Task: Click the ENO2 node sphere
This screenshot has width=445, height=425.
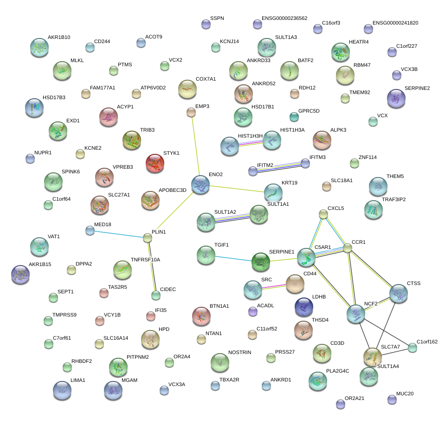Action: click(x=200, y=184)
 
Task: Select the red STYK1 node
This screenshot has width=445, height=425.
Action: click(x=155, y=163)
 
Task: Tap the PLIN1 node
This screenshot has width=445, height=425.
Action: click(x=148, y=238)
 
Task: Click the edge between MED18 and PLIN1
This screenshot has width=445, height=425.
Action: click(x=119, y=234)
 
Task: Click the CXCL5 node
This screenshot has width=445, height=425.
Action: click(x=323, y=214)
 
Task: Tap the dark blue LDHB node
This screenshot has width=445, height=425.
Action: click(x=304, y=306)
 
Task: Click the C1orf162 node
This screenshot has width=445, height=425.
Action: click(x=413, y=347)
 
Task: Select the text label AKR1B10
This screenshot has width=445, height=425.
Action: click(x=59, y=38)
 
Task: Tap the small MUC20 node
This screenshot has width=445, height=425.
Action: click(x=392, y=399)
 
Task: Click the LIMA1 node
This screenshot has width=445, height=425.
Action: click(x=62, y=390)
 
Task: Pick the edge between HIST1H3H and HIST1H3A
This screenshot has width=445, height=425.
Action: click(x=251, y=143)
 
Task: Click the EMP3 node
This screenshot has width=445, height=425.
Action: click(x=191, y=112)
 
